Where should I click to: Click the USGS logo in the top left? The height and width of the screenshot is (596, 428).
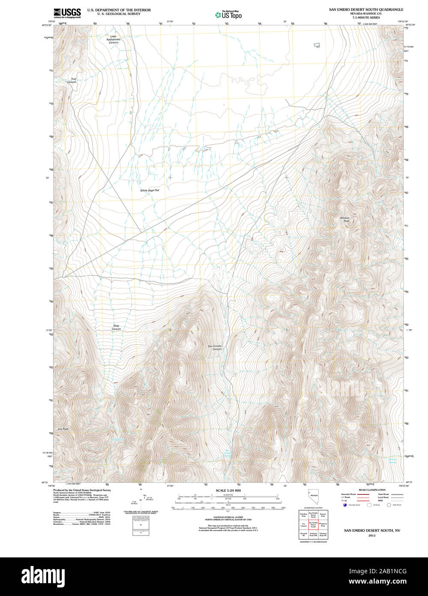pyautogui.click(x=67, y=12)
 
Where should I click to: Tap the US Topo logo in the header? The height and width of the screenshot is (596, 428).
pyautogui.click(x=228, y=15)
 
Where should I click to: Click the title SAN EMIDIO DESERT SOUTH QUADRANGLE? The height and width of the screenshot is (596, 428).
pyautogui.click(x=366, y=9)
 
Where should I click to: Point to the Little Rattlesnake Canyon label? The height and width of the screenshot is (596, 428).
pyautogui.click(x=113, y=39)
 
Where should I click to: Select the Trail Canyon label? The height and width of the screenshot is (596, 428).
pyautogui.click(x=73, y=80)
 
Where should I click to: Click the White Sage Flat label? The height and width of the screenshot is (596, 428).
pyautogui.click(x=150, y=190)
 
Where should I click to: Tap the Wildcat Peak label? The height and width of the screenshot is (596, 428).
pyautogui.click(x=345, y=220)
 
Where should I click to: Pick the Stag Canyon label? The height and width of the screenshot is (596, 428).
pyautogui.click(x=117, y=327)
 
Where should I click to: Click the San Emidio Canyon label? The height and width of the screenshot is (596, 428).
pyautogui.click(x=215, y=347)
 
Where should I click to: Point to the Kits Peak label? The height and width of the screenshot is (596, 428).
pyautogui.click(x=63, y=429)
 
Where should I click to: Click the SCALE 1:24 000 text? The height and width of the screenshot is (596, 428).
pyautogui.click(x=228, y=490)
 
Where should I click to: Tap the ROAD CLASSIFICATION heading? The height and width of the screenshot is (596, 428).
pyautogui.click(x=372, y=490)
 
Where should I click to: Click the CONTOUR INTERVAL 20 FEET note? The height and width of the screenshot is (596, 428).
pyautogui.click(x=228, y=518)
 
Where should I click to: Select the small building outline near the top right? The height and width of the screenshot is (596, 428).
pyautogui.click(x=317, y=45)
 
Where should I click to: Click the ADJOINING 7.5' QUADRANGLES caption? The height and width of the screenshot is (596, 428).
pyautogui.click(x=313, y=542)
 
